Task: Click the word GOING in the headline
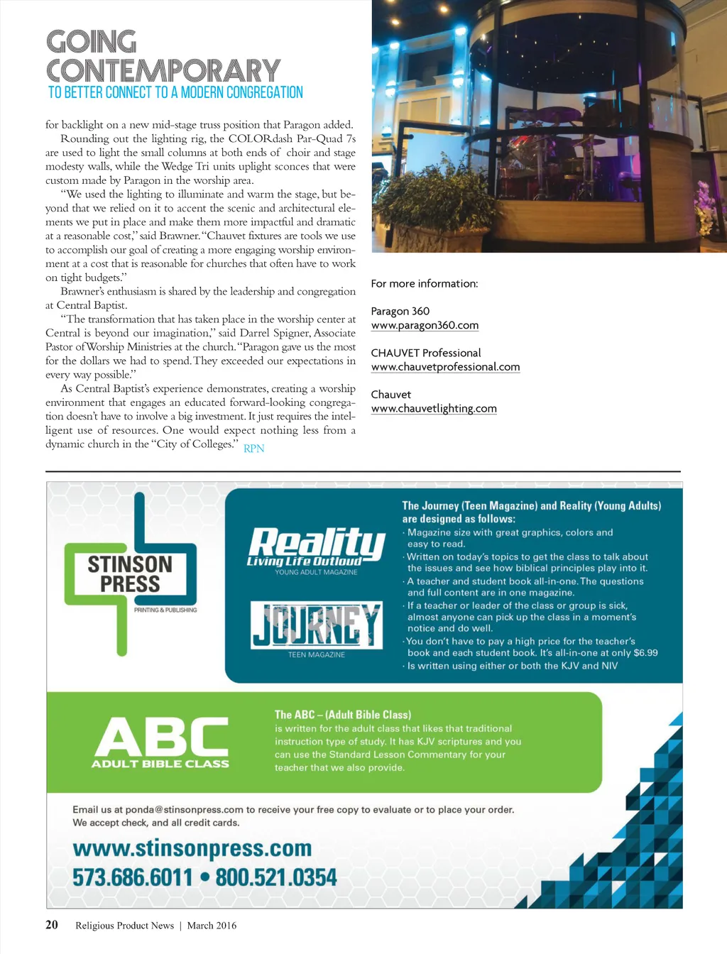pyautogui.click(x=92, y=42)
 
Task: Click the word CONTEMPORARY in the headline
pyautogui.click(x=163, y=71)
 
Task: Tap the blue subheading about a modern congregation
pyautogui.click(x=175, y=93)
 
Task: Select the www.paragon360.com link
pyautogui.click(x=425, y=325)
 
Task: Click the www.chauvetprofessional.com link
pyautogui.click(x=445, y=367)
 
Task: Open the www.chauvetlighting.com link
pyautogui.click(x=434, y=408)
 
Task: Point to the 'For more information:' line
pyautogui.click(x=425, y=283)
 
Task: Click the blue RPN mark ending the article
pyautogui.click(x=253, y=448)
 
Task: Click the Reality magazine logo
pyautogui.click(x=316, y=547)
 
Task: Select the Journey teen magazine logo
pyautogui.click(x=316, y=625)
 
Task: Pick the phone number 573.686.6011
pyautogui.click(x=133, y=877)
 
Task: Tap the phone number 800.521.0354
pyautogui.click(x=275, y=877)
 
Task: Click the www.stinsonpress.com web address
pyautogui.click(x=192, y=848)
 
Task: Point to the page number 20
pyautogui.click(x=52, y=925)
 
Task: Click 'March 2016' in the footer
pyautogui.click(x=212, y=926)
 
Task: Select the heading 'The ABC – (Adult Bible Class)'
pyautogui.click(x=343, y=715)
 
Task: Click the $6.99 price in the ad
pyautogui.click(x=645, y=652)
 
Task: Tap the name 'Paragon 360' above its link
pyautogui.click(x=400, y=311)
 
